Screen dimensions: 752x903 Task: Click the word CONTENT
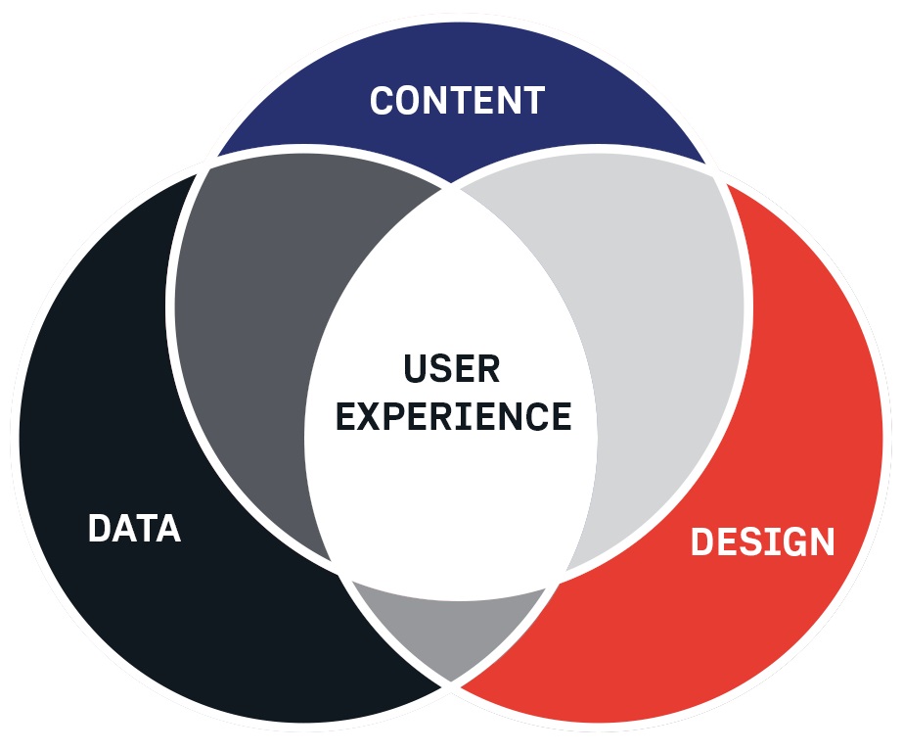(457, 101)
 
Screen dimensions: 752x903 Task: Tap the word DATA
(134, 529)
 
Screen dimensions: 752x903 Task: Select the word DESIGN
(762, 541)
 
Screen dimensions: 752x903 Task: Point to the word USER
(452, 369)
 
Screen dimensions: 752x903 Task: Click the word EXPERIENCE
(453, 416)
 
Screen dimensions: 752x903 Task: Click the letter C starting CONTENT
(384, 101)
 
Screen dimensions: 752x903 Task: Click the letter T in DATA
(145, 529)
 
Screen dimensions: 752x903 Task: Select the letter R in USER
(488, 369)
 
